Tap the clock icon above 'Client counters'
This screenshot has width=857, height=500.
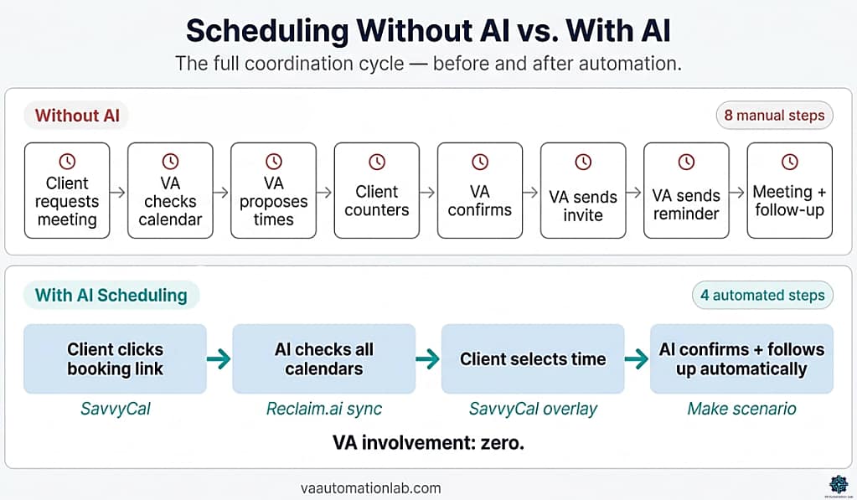[x=377, y=162]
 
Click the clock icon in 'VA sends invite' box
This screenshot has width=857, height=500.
[x=583, y=162]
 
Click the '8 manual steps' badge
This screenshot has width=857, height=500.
[x=774, y=116]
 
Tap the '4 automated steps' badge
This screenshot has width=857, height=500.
[x=762, y=295]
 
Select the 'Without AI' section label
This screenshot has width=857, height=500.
[x=77, y=116]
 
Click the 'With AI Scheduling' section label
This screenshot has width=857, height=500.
[x=111, y=295]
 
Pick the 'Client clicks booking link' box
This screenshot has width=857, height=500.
[x=115, y=359]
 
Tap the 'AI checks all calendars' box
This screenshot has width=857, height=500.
[x=323, y=359]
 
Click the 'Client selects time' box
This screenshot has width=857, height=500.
[x=533, y=359]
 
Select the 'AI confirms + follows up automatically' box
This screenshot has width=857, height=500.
[x=741, y=359]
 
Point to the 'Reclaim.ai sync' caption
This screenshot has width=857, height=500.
[x=323, y=409]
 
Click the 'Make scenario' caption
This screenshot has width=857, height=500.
[x=741, y=409]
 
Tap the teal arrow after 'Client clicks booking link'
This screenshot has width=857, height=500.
[x=219, y=359]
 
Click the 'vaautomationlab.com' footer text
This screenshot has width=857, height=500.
[x=370, y=488]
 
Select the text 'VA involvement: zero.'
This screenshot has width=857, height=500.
[x=428, y=442]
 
